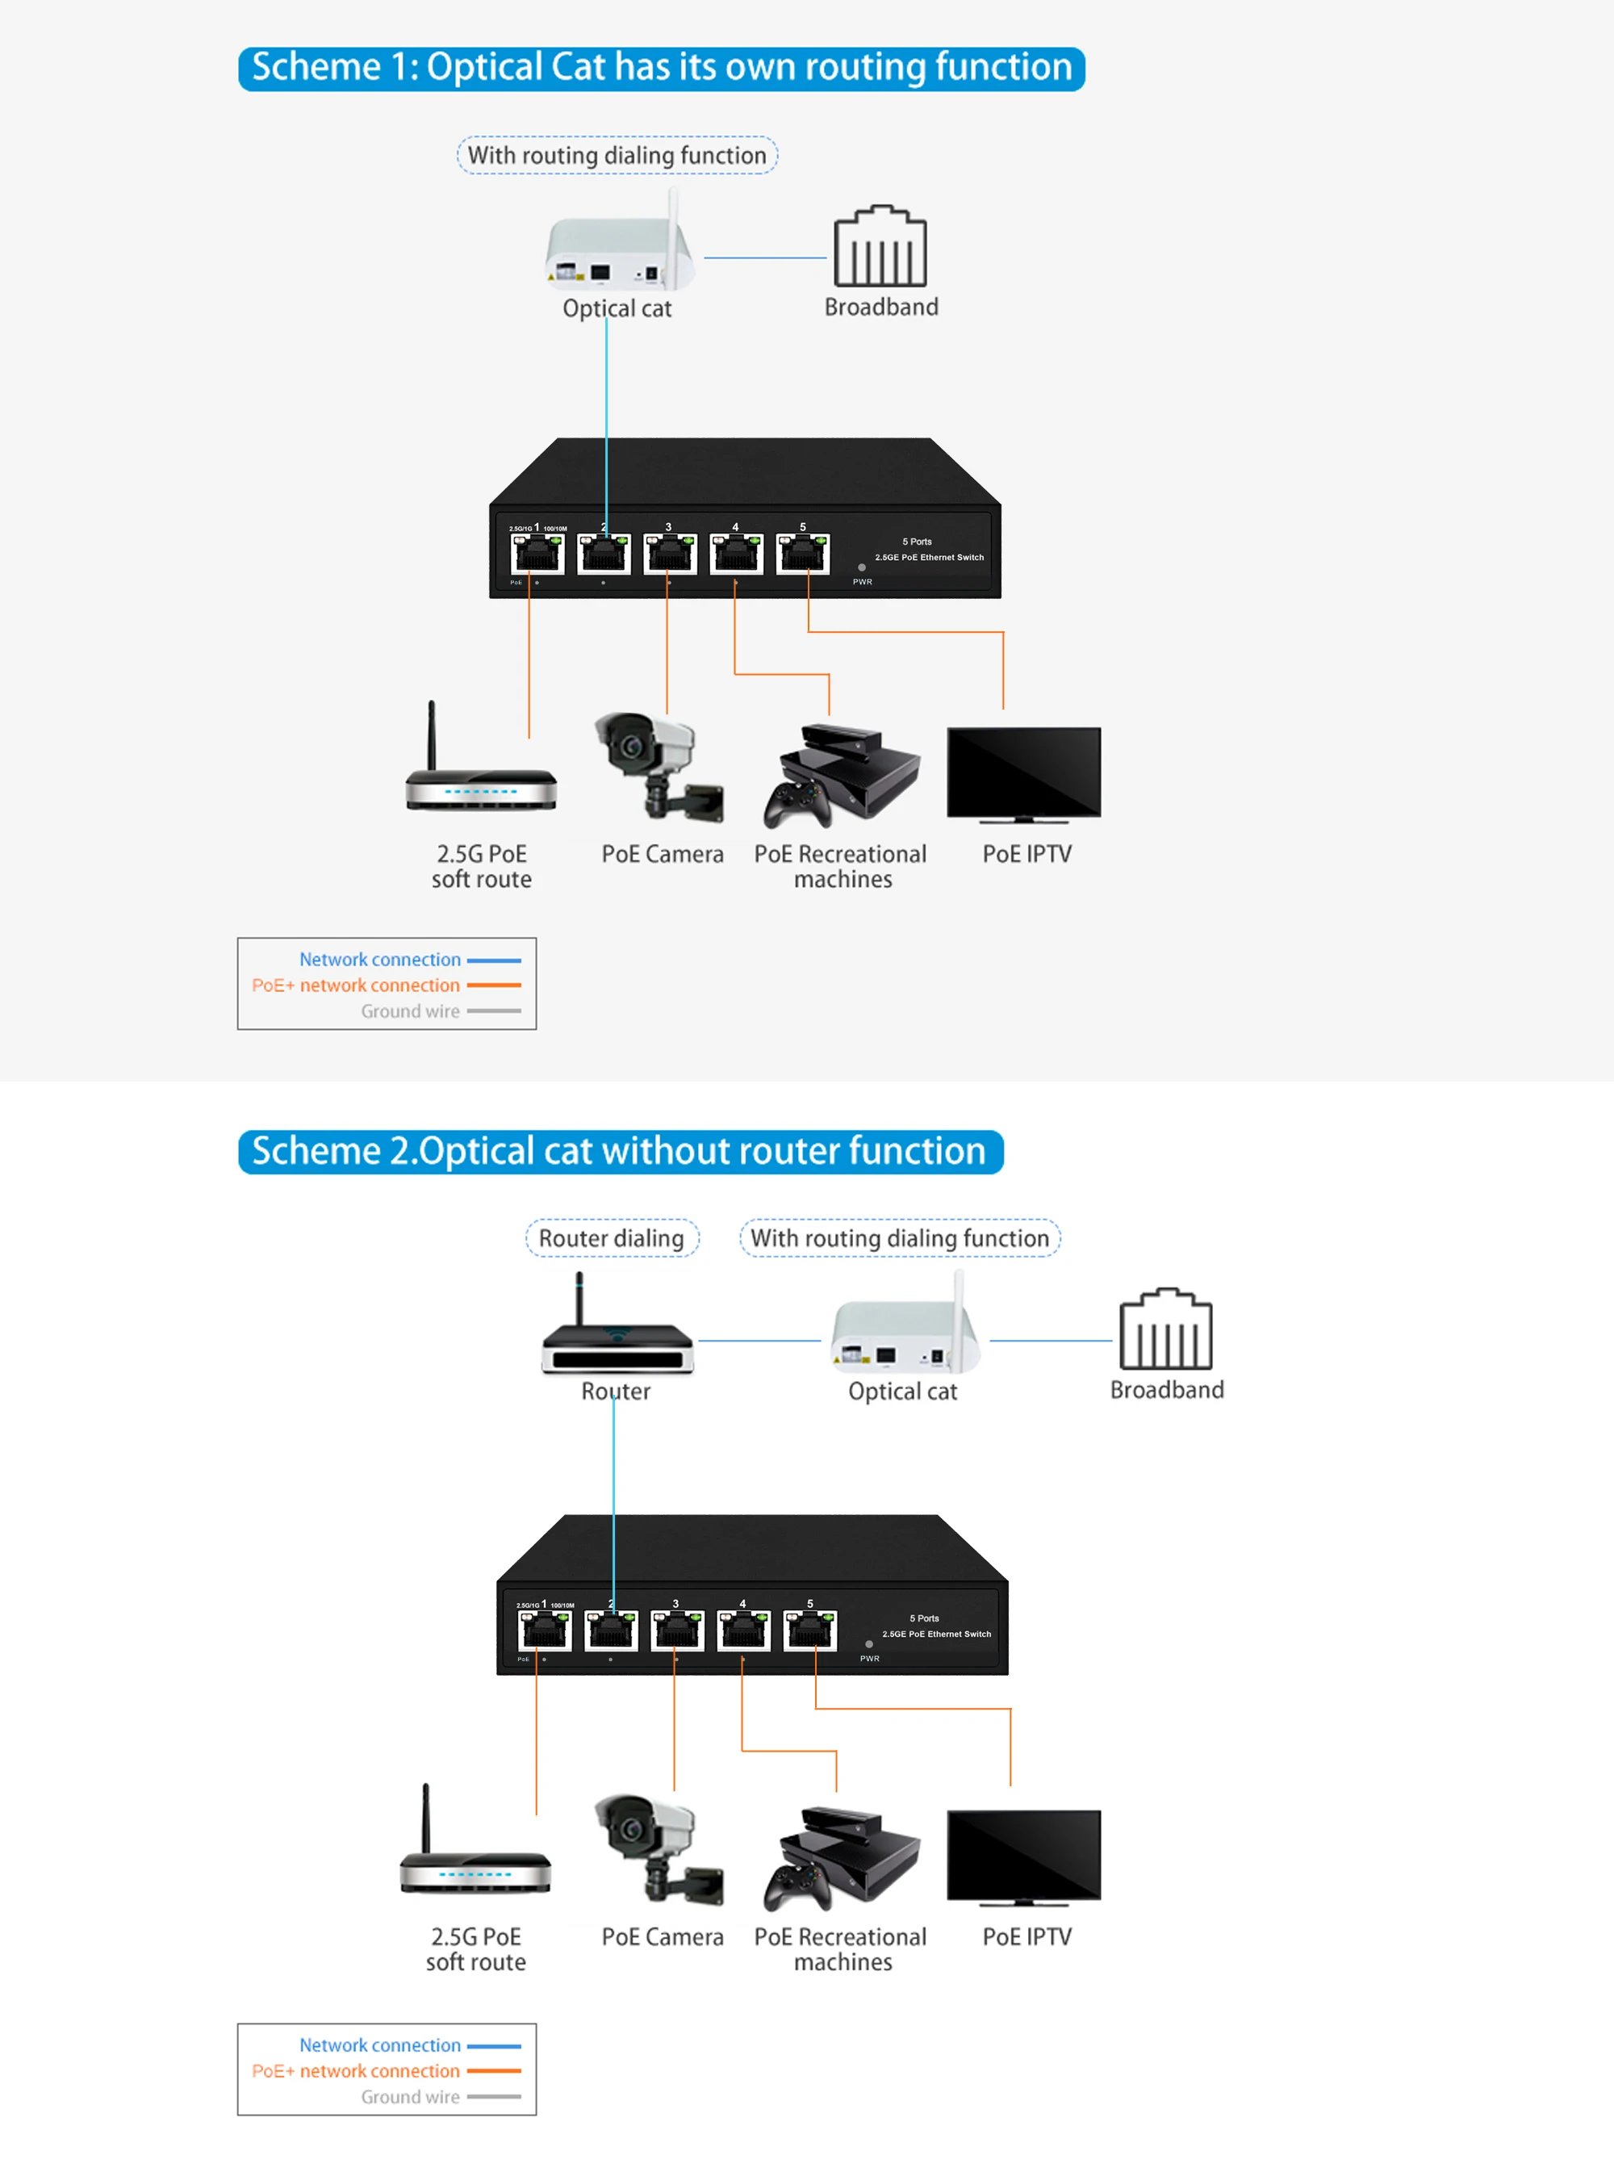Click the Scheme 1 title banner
pos(662,69)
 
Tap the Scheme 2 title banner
pos(621,1151)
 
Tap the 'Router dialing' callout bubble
pos(612,1238)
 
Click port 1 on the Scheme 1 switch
pos(537,554)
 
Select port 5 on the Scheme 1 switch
pos(803,554)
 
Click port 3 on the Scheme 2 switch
pos(677,1630)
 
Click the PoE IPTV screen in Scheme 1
pos(1023,772)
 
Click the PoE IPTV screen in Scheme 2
pos(1023,1854)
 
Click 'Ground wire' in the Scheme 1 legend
pos(410,1011)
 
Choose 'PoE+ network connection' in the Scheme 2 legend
pos(356,2070)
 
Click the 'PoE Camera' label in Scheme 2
pos(663,1936)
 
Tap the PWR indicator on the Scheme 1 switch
pos(861,567)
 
